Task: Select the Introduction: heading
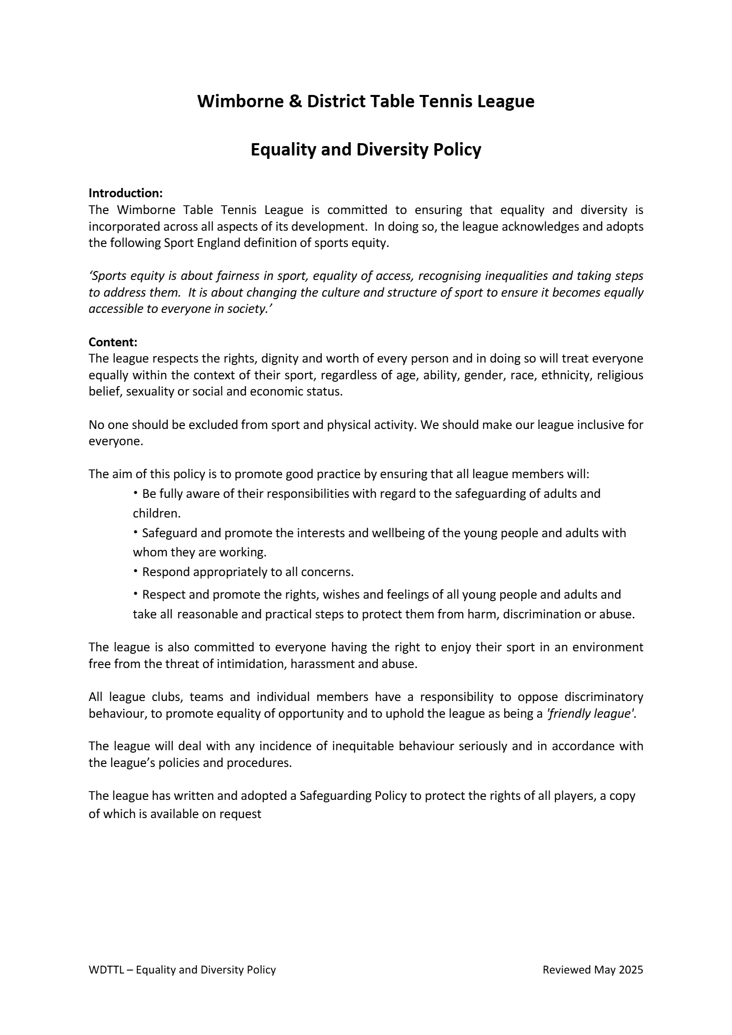[x=125, y=193]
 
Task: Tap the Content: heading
[x=113, y=342]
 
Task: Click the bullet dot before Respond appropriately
[x=136, y=571]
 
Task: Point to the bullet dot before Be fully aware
[x=136, y=492]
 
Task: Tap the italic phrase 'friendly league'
[x=591, y=714]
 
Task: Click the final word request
[x=240, y=814]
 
